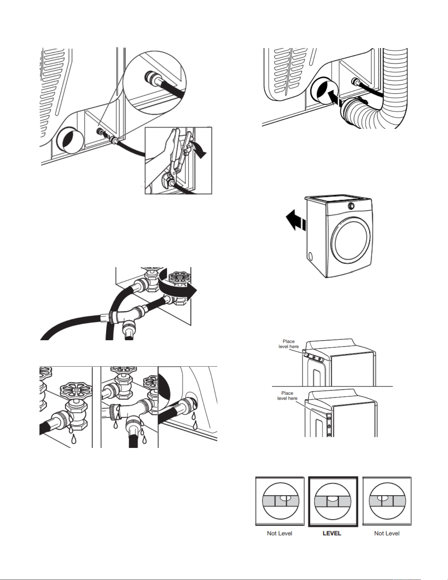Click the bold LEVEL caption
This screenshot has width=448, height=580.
tap(332, 533)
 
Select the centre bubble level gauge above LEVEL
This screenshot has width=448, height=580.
tap(333, 501)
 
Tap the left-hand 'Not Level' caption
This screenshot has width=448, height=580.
tap(279, 533)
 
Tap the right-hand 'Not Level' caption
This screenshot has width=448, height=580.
tap(387, 533)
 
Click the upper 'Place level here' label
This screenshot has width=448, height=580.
tap(289, 344)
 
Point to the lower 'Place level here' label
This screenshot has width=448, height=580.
tap(287, 396)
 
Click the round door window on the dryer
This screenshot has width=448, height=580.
tap(351, 242)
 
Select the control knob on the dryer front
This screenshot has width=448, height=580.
tap(351, 206)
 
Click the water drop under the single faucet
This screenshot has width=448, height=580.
tap(73, 439)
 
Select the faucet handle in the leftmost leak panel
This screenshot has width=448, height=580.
tap(76, 391)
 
